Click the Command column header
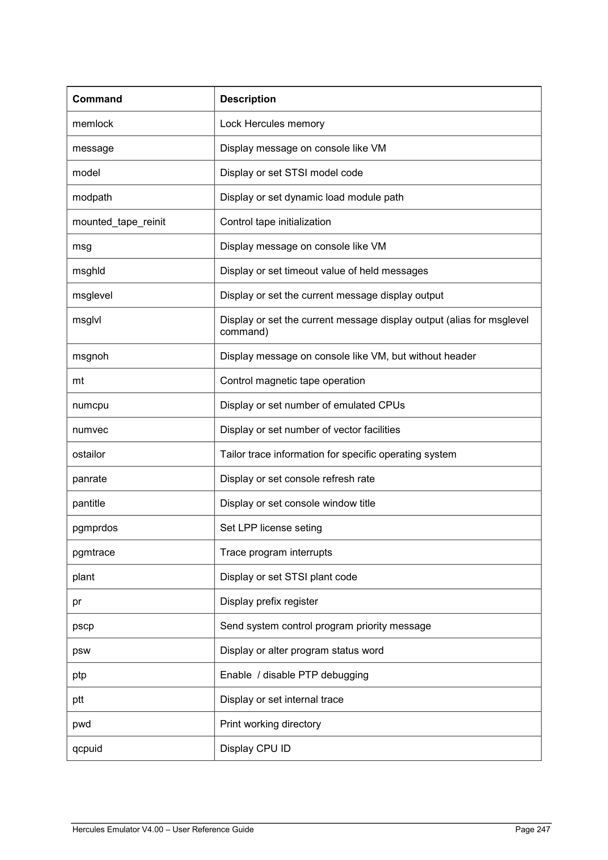click(97, 99)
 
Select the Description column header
click(248, 99)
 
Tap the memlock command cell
click(93, 123)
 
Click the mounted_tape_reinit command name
click(119, 222)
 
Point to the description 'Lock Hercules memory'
click(272, 123)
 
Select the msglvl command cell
click(87, 320)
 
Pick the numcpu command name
click(90, 405)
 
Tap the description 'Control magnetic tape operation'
click(292, 381)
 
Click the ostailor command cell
click(89, 454)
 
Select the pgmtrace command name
click(94, 552)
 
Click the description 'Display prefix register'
click(269, 602)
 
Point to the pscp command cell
click(83, 626)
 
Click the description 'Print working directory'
click(270, 724)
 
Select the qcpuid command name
click(87, 748)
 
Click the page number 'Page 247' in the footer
click(532, 829)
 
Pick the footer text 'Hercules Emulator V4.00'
click(117, 829)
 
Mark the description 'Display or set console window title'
click(297, 503)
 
